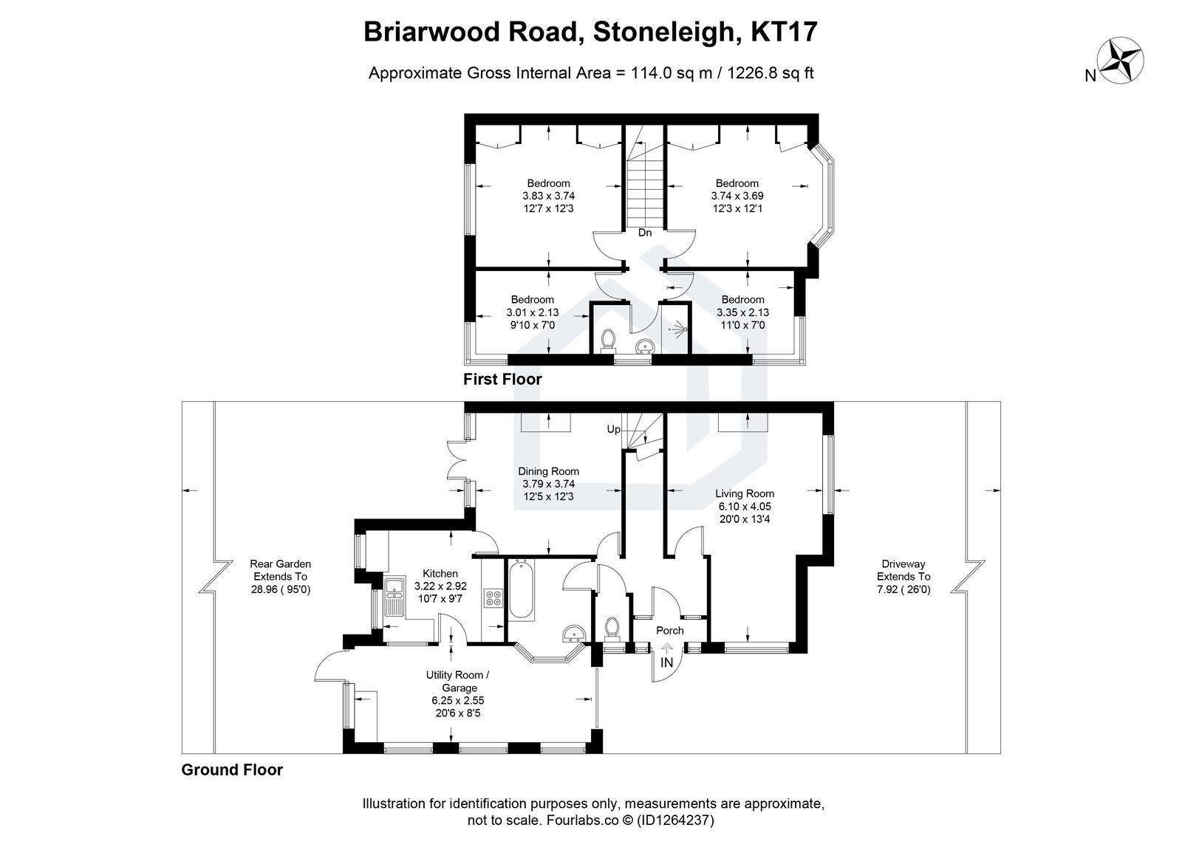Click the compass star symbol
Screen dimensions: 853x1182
(x=1121, y=61)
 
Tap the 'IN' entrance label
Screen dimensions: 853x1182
(x=666, y=662)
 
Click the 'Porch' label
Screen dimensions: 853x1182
(x=670, y=631)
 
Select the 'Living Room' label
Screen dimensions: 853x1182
(x=744, y=493)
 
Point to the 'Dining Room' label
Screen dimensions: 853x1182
(x=548, y=471)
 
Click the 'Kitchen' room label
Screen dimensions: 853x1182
(x=440, y=573)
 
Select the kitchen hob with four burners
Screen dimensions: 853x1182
(x=493, y=598)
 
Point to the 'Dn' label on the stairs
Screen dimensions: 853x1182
(x=645, y=233)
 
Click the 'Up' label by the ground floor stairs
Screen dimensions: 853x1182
(x=613, y=429)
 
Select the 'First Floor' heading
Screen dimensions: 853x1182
(x=502, y=380)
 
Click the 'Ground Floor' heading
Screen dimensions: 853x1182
(x=232, y=770)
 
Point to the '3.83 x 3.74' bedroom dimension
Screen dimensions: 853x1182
(x=548, y=196)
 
